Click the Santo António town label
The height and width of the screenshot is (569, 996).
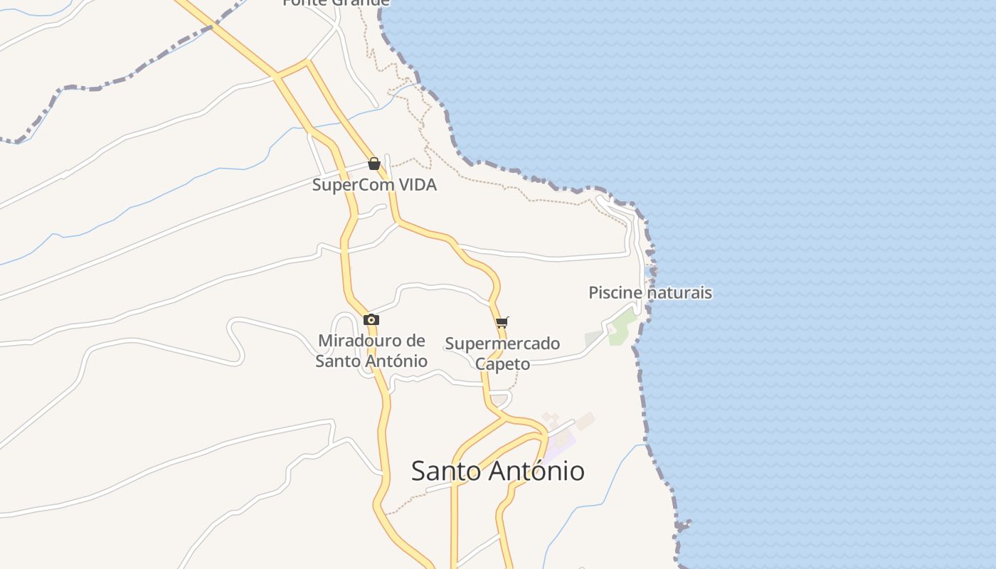pos(498,471)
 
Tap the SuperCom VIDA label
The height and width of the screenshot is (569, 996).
pos(374,185)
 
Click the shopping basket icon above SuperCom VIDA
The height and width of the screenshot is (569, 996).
pos(374,164)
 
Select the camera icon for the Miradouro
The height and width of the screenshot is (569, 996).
pos(371,320)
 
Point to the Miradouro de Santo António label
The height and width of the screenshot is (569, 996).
pos(371,351)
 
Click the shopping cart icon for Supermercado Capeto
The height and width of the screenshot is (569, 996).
pos(502,322)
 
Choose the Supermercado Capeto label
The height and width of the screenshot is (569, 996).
pos(502,353)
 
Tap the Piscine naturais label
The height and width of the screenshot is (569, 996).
pos(650,292)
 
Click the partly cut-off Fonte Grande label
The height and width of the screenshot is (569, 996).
pos(336,3)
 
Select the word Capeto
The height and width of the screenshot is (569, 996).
pos(502,364)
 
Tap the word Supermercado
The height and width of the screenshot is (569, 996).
pos(502,344)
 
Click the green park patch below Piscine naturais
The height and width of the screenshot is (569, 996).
pos(623,324)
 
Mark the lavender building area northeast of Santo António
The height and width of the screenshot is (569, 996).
pos(562,445)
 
